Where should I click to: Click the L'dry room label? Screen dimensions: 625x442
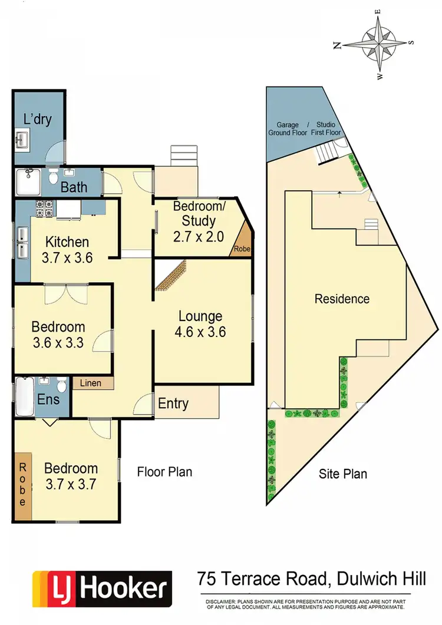(x=37, y=119)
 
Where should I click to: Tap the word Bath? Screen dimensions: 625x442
(x=74, y=187)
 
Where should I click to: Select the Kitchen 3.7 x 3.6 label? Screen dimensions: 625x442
(x=67, y=249)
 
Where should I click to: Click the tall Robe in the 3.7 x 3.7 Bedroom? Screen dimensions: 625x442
(x=23, y=484)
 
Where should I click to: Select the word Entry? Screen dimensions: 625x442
(x=173, y=404)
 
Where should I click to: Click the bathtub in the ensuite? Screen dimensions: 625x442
(x=25, y=397)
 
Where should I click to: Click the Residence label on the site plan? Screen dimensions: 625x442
(x=342, y=299)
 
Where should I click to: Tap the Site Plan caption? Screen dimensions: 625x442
(x=343, y=473)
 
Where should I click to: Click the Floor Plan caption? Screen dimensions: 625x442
(x=164, y=471)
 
